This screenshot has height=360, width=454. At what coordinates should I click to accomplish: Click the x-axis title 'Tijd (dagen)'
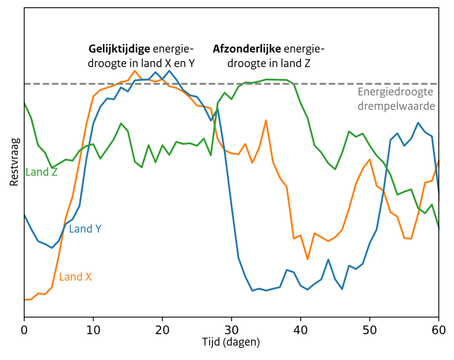232,342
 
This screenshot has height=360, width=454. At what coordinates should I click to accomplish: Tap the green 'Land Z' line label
42,172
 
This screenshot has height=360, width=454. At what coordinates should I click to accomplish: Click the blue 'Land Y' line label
85,229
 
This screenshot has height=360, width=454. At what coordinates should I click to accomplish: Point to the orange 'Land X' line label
75,277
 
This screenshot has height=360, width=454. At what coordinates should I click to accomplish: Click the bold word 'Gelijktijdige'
119,49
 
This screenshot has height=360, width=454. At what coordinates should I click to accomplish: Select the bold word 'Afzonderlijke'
247,49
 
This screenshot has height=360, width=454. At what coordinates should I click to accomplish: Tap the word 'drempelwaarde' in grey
396,106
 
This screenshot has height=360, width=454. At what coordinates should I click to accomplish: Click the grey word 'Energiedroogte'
396,92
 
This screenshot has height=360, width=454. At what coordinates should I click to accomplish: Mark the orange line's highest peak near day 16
135,71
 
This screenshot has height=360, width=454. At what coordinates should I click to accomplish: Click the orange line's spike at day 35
266,120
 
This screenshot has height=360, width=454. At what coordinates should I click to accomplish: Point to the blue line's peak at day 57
418,123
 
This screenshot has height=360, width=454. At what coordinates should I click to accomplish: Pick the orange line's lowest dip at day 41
308,259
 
